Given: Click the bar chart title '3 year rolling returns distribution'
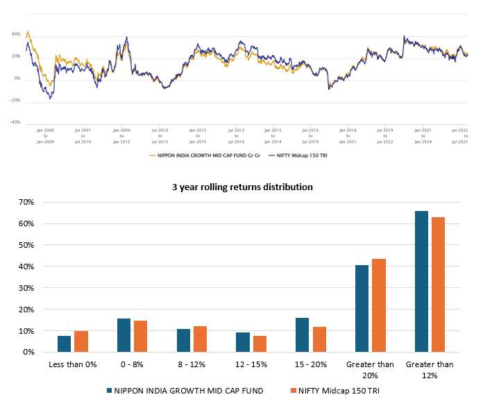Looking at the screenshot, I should [241, 187].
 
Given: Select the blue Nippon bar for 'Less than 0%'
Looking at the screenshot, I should [64, 344].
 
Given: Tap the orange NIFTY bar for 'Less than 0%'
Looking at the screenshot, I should [81, 341].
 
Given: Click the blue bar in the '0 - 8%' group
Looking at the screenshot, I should [124, 335].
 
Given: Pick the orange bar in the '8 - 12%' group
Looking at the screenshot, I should [200, 339].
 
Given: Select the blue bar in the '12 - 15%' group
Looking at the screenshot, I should [242, 342].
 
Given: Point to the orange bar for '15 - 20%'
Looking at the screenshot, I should [319, 339].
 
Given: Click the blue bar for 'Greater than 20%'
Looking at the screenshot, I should [362, 309].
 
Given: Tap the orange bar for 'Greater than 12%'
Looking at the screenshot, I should [438, 285].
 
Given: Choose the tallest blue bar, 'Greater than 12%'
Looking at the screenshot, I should [421, 281].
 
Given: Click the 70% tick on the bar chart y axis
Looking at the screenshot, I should [27, 202].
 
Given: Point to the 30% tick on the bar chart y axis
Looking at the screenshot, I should [27, 288].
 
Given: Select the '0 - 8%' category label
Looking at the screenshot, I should [132, 364].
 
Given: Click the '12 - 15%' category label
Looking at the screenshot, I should [251, 364].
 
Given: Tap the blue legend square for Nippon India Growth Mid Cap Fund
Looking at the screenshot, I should [110, 391].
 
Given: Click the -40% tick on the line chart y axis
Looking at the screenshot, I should [15, 122].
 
